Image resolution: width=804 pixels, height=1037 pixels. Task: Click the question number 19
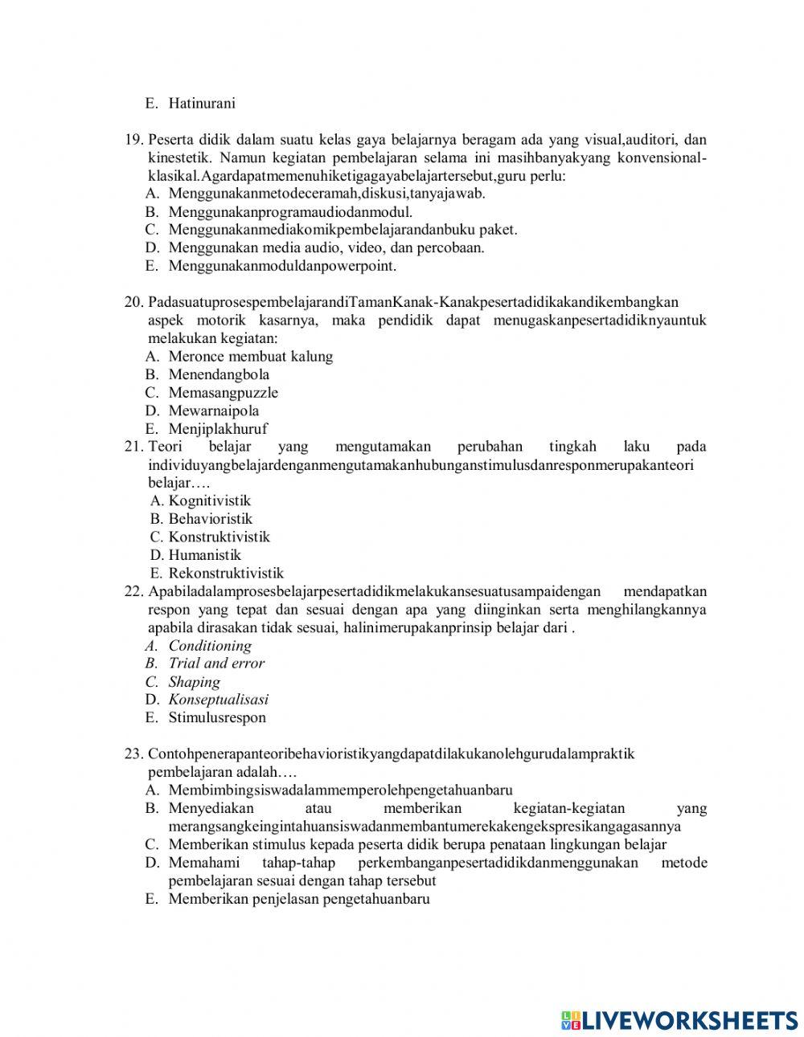coord(133,139)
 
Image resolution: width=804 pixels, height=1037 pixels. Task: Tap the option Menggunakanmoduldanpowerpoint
coord(281,266)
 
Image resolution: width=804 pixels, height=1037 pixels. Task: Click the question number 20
coord(133,302)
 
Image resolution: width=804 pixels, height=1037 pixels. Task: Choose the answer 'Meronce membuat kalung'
coord(250,356)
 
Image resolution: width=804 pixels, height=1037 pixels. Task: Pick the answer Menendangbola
coord(219,374)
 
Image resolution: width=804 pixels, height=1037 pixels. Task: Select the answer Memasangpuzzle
coord(223,393)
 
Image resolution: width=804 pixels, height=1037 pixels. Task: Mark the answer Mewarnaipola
coord(213,410)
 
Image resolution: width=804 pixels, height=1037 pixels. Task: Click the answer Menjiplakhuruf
coord(217,429)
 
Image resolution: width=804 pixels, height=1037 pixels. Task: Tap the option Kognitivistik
coord(209,500)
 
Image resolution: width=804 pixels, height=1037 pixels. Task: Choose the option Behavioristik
coord(210,519)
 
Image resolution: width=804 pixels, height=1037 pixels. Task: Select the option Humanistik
coord(204,555)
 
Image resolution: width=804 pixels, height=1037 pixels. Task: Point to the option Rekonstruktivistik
coord(225,574)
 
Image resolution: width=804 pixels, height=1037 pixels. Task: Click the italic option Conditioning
coord(209,646)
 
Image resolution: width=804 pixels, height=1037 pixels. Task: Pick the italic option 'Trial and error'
coord(215,663)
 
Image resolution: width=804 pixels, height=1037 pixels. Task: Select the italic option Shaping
coord(194,682)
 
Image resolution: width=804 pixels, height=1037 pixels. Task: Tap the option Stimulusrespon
coord(216,718)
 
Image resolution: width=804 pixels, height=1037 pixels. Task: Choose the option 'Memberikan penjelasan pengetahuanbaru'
coord(298,899)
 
